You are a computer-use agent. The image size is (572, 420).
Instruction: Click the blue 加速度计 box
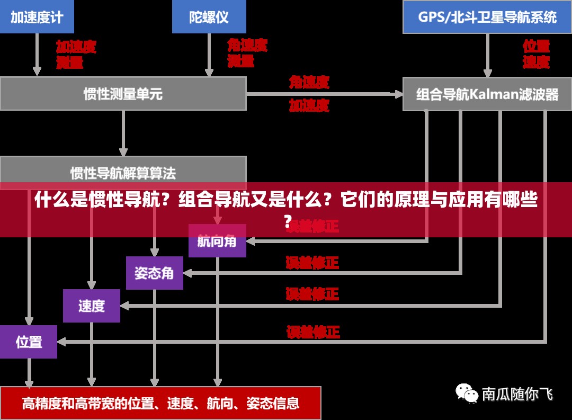click(37, 16)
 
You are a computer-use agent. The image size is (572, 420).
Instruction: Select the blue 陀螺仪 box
click(209, 16)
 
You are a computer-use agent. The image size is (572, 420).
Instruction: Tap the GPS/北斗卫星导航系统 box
click(487, 16)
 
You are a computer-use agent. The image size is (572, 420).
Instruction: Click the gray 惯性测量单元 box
click(123, 94)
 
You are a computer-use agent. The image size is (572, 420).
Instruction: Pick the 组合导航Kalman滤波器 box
click(487, 94)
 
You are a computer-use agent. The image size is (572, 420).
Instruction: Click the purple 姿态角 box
click(154, 273)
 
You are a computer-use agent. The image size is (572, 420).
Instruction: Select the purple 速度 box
click(92, 306)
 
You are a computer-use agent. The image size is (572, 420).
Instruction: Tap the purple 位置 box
click(29, 342)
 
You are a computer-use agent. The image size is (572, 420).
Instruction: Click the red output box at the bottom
click(160, 403)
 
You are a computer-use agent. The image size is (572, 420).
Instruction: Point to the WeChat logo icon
click(467, 393)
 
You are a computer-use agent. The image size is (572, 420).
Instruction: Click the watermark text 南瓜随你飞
click(517, 394)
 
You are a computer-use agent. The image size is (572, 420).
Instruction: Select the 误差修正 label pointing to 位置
click(313, 332)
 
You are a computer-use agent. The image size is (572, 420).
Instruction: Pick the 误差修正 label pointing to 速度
click(312, 293)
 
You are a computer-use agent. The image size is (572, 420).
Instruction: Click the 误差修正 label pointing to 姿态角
click(312, 262)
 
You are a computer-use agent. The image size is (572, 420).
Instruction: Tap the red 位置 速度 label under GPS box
click(536, 54)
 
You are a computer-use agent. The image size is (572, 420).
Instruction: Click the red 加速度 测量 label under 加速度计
click(76, 55)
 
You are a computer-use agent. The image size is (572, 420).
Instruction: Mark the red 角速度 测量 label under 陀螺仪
click(247, 53)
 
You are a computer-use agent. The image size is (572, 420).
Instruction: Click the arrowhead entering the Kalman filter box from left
click(398, 94)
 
